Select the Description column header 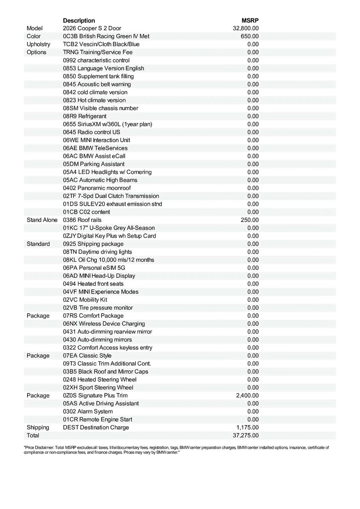(79, 20)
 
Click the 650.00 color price (250, 36)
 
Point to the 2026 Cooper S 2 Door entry (92, 28)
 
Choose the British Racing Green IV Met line (106, 36)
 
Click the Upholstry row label (38, 44)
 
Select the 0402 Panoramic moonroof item (97, 188)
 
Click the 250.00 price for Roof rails (250, 220)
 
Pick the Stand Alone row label (42, 220)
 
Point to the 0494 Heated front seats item (96, 284)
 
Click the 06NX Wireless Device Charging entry (104, 324)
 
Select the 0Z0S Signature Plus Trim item (95, 395)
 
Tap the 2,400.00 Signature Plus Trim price (247, 395)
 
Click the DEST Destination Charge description (96, 427)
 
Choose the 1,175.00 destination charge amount (247, 427)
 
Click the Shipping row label (38, 427)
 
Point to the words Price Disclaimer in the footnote (41, 447)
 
